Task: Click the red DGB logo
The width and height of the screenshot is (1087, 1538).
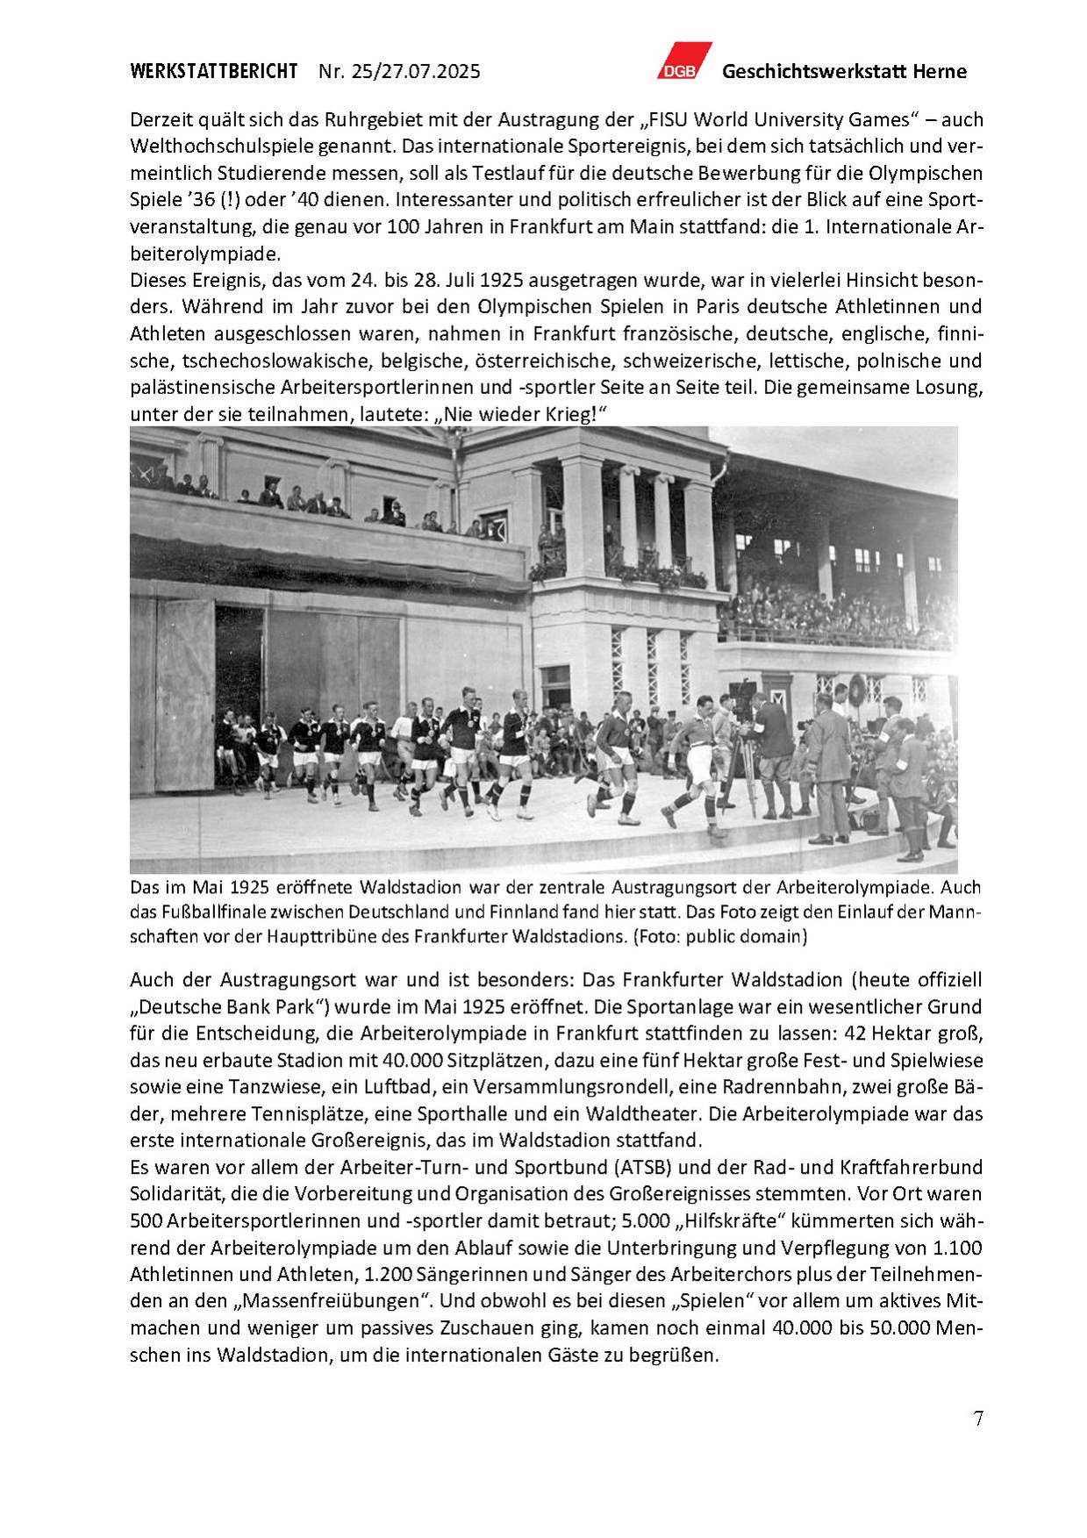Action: pos(683,61)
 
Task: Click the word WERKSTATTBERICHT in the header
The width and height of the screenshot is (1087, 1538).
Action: pos(213,72)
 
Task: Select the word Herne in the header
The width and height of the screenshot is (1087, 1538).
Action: pos(940,72)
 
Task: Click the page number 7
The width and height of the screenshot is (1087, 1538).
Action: pos(978,1419)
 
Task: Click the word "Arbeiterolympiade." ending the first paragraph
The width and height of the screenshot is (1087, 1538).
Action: pos(205,254)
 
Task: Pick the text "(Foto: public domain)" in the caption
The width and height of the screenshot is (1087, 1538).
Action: pos(719,936)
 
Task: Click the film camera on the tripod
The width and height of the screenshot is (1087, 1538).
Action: pos(743,702)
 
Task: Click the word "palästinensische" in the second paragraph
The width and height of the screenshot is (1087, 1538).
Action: pos(203,388)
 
